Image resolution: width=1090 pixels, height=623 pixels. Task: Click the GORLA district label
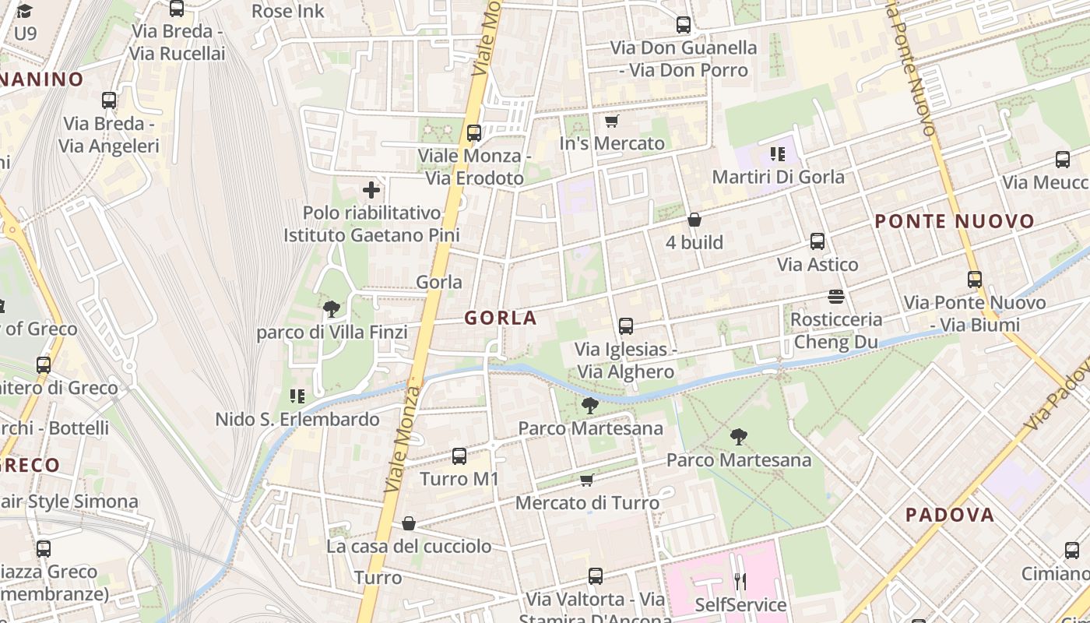click(501, 318)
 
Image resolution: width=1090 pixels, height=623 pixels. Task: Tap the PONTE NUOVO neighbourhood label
click(955, 221)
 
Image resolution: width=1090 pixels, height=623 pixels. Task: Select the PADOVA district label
click(950, 515)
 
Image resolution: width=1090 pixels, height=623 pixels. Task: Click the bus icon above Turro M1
click(459, 456)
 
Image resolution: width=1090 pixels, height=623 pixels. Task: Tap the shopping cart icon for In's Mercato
click(611, 121)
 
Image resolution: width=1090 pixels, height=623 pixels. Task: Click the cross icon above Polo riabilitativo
click(371, 189)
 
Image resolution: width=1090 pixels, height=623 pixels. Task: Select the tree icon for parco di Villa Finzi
click(332, 309)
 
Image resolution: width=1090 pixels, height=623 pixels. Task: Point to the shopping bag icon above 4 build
click(694, 220)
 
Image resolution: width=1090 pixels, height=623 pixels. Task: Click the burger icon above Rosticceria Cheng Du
click(836, 297)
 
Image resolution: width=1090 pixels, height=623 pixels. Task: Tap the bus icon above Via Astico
click(817, 241)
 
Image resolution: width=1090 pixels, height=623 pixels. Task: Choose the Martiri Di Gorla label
click(778, 177)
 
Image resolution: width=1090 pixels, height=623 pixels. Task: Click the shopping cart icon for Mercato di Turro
click(587, 480)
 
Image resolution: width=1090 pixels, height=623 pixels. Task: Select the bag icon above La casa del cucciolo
click(409, 523)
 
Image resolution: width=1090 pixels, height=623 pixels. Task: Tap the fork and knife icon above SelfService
click(740, 581)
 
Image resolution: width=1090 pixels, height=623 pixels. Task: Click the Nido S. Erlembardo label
click(297, 420)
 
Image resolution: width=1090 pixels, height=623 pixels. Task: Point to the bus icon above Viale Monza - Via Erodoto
click(473, 133)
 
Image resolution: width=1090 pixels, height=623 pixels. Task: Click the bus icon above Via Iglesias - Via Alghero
click(625, 326)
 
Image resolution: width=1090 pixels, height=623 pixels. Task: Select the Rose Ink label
click(288, 11)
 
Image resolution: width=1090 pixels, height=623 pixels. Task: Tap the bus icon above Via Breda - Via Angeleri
click(109, 100)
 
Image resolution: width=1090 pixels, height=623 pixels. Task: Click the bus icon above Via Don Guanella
click(683, 25)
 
